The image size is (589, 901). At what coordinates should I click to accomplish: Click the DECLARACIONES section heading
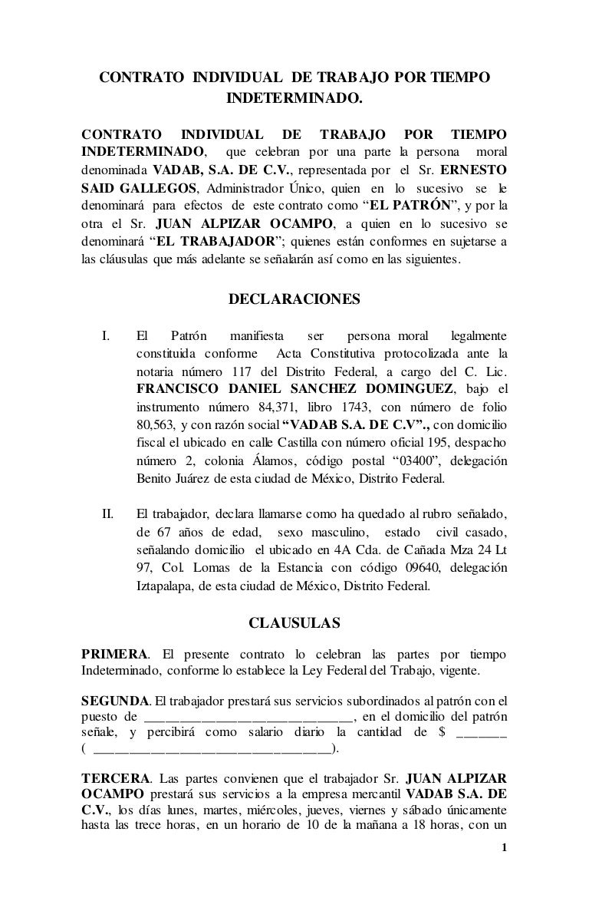(x=294, y=300)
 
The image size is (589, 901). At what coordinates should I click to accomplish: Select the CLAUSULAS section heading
(x=294, y=622)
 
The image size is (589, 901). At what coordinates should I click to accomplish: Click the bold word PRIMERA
(x=115, y=654)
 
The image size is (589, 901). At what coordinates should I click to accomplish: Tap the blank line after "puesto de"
(x=248, y=717)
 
